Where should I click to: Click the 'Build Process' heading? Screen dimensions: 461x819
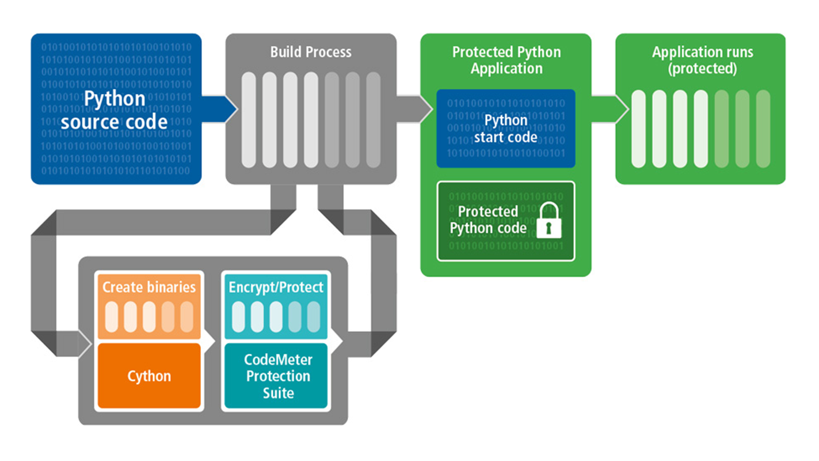311,52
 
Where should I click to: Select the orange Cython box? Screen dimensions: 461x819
149,376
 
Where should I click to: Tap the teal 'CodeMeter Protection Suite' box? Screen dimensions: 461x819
277,376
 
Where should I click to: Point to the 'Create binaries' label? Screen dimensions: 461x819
149,287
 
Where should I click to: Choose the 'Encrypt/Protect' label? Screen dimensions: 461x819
276,287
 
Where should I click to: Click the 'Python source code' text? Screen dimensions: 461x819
115,109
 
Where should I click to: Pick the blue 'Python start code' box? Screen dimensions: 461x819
505,128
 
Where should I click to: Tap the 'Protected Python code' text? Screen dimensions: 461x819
488,220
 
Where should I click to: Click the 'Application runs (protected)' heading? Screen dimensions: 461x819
702,60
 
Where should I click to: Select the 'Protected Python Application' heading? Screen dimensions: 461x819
506,60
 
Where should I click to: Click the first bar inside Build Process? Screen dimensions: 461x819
249,120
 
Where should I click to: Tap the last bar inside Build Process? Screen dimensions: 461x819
373,120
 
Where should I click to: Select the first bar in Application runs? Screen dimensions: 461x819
639,129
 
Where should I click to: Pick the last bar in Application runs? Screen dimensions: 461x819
763,129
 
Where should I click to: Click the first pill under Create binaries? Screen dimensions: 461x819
112,316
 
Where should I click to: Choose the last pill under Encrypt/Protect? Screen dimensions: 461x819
314,316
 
